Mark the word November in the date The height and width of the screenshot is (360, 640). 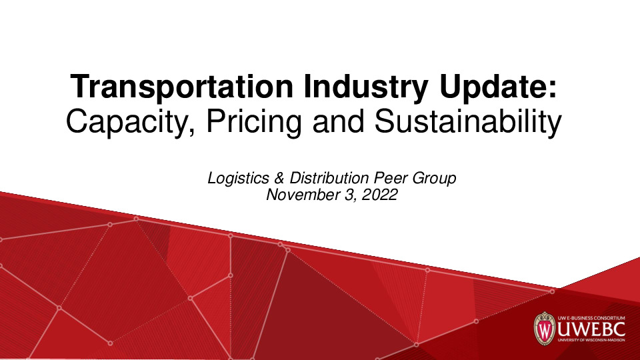[x=297, y=195]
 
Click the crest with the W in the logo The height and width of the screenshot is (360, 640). [x=544, y=329]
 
